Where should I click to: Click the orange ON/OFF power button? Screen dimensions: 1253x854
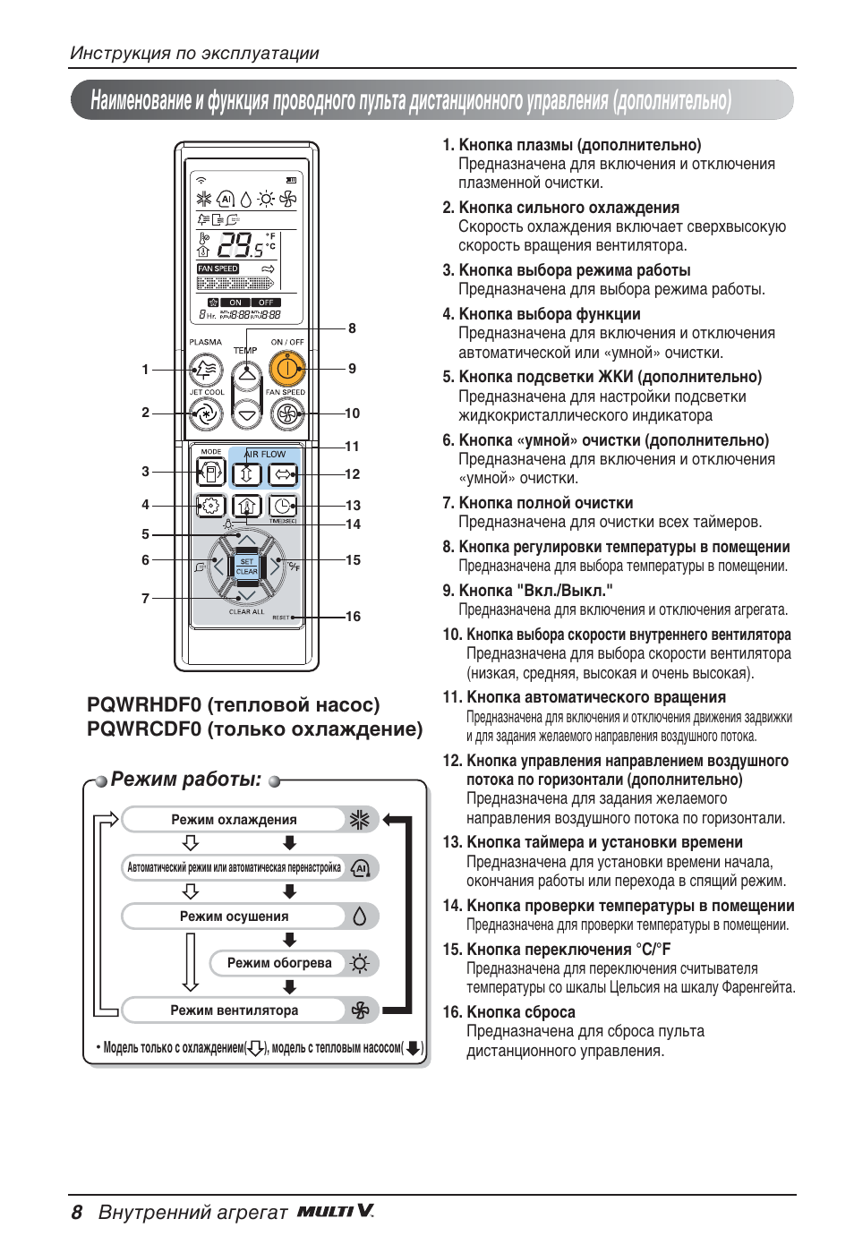pyautogui.click(x=286, y=368)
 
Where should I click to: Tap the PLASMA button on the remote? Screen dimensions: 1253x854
pyautogui.click(x=206, y=368)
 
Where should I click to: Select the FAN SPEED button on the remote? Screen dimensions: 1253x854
pyautogui.click(x=286, y=413)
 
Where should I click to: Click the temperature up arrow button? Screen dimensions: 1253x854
pyautogui.click(x=247, y=371)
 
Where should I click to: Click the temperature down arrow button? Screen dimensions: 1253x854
pyautogui.click(x=247, y=413)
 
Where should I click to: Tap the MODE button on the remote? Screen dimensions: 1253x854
pyautogui.click(x=210, y=472)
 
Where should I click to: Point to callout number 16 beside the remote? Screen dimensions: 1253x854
pyautogui.click(x=353, y=617)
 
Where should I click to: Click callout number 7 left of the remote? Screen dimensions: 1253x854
pyautogui.click(x=145, y=599)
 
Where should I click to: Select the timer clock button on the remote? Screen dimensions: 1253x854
pyautogui.click(x=283, y=506)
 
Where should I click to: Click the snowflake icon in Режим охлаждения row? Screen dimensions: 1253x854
pyautogui.click(x=359, y=820)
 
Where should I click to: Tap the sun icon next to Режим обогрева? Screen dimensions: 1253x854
pyautogui.click(x=360, y=964)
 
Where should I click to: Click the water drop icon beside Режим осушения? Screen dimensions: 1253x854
pyautogui.click(x=360, y=916)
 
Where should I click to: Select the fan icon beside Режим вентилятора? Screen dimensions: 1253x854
pyautogui.click(x=360, y=1011)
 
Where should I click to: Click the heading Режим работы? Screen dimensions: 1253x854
pyautogui.click(x=186, y=780)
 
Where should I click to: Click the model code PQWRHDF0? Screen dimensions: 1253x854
pyautogui.click(x=144, y=705)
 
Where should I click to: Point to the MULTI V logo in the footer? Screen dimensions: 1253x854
pyautogui.click(x=336, y=1212)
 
